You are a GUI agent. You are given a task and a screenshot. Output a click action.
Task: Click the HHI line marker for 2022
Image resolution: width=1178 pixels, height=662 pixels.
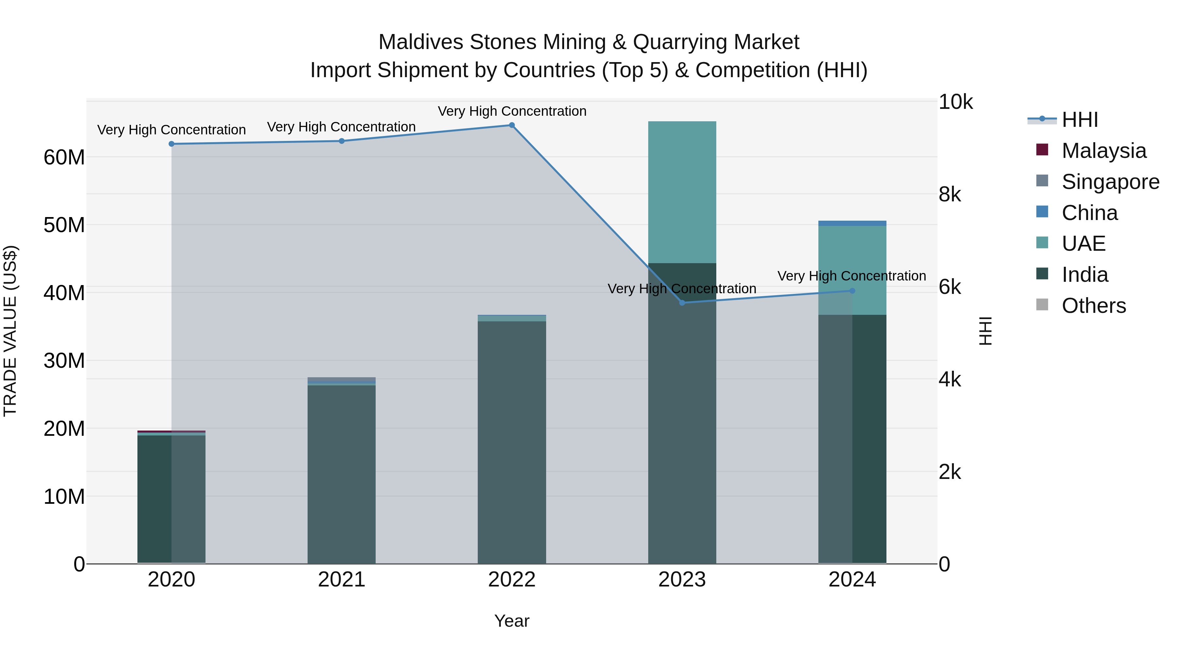[512, 125]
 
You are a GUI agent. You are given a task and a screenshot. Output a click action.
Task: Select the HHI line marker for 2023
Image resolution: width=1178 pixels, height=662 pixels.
[682, 302]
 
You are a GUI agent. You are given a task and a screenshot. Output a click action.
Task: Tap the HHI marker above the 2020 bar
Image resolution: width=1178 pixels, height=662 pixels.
[171, 144]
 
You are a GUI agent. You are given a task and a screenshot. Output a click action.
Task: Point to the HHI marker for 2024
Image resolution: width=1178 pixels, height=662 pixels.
[852, 291]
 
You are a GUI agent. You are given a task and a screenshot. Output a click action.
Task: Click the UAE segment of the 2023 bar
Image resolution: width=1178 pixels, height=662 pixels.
[682, 192]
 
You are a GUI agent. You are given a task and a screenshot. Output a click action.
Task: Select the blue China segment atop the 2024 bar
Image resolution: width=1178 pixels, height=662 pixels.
[852, 223]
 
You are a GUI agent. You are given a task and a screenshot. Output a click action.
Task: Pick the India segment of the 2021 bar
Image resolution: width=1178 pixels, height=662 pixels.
[342, 475]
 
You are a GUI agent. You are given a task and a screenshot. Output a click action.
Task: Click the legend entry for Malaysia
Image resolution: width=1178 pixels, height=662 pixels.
[1103, 151]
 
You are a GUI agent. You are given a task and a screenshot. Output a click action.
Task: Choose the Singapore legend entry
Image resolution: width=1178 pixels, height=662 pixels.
[1110, 182]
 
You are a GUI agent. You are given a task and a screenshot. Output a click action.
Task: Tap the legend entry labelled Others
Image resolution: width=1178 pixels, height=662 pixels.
[1093, 306]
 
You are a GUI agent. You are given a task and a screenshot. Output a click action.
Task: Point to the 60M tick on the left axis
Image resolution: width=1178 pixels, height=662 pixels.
[64, 158]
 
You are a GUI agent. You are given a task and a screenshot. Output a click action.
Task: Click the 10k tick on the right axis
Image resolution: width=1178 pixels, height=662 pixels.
[955, 102]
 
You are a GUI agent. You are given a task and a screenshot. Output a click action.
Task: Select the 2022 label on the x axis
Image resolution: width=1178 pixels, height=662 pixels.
[512, 580]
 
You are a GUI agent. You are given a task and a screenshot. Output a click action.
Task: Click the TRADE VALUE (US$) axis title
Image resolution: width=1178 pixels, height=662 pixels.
[10, 331]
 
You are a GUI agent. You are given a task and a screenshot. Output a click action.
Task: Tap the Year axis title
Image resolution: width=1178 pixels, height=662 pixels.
[512, 621]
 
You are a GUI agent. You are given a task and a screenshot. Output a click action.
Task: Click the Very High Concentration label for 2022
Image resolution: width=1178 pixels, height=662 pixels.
[512, 111]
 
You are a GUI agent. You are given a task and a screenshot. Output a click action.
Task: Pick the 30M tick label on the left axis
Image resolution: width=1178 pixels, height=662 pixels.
[64, 361]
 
